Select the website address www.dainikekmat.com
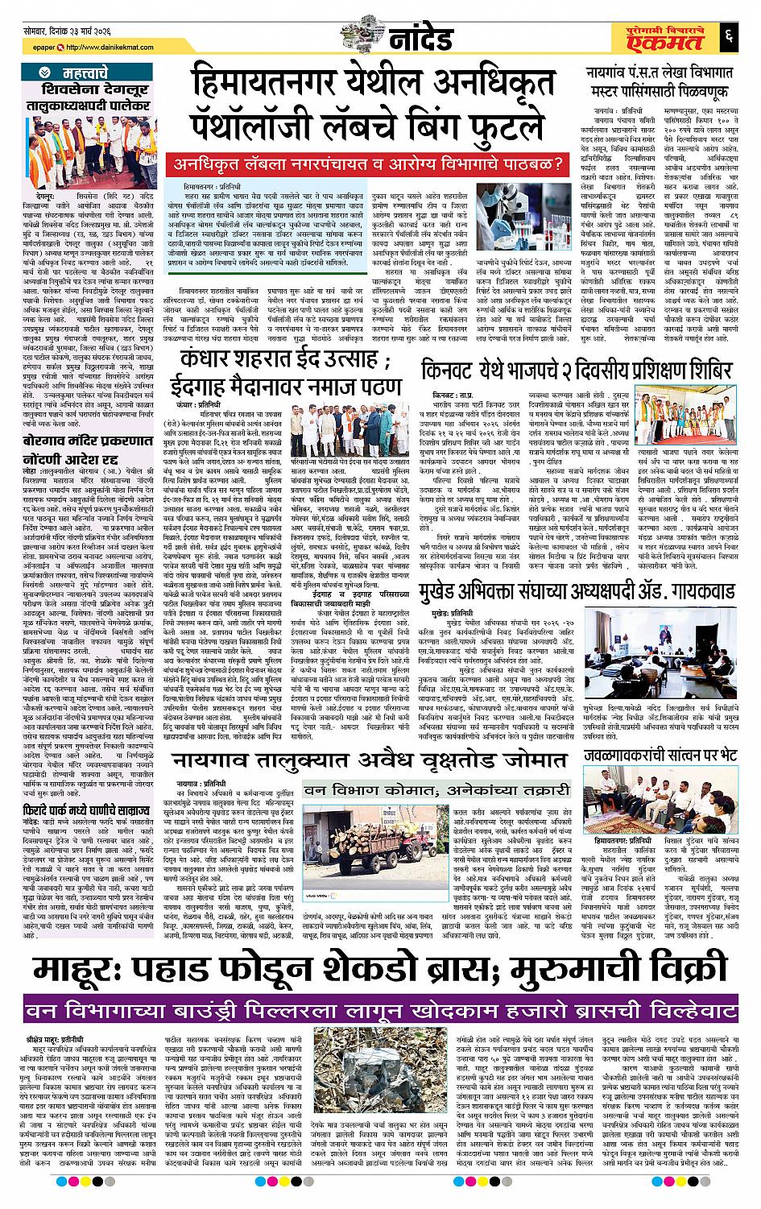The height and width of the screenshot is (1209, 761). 99,45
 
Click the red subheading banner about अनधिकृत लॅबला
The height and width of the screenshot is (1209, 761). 367,165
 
